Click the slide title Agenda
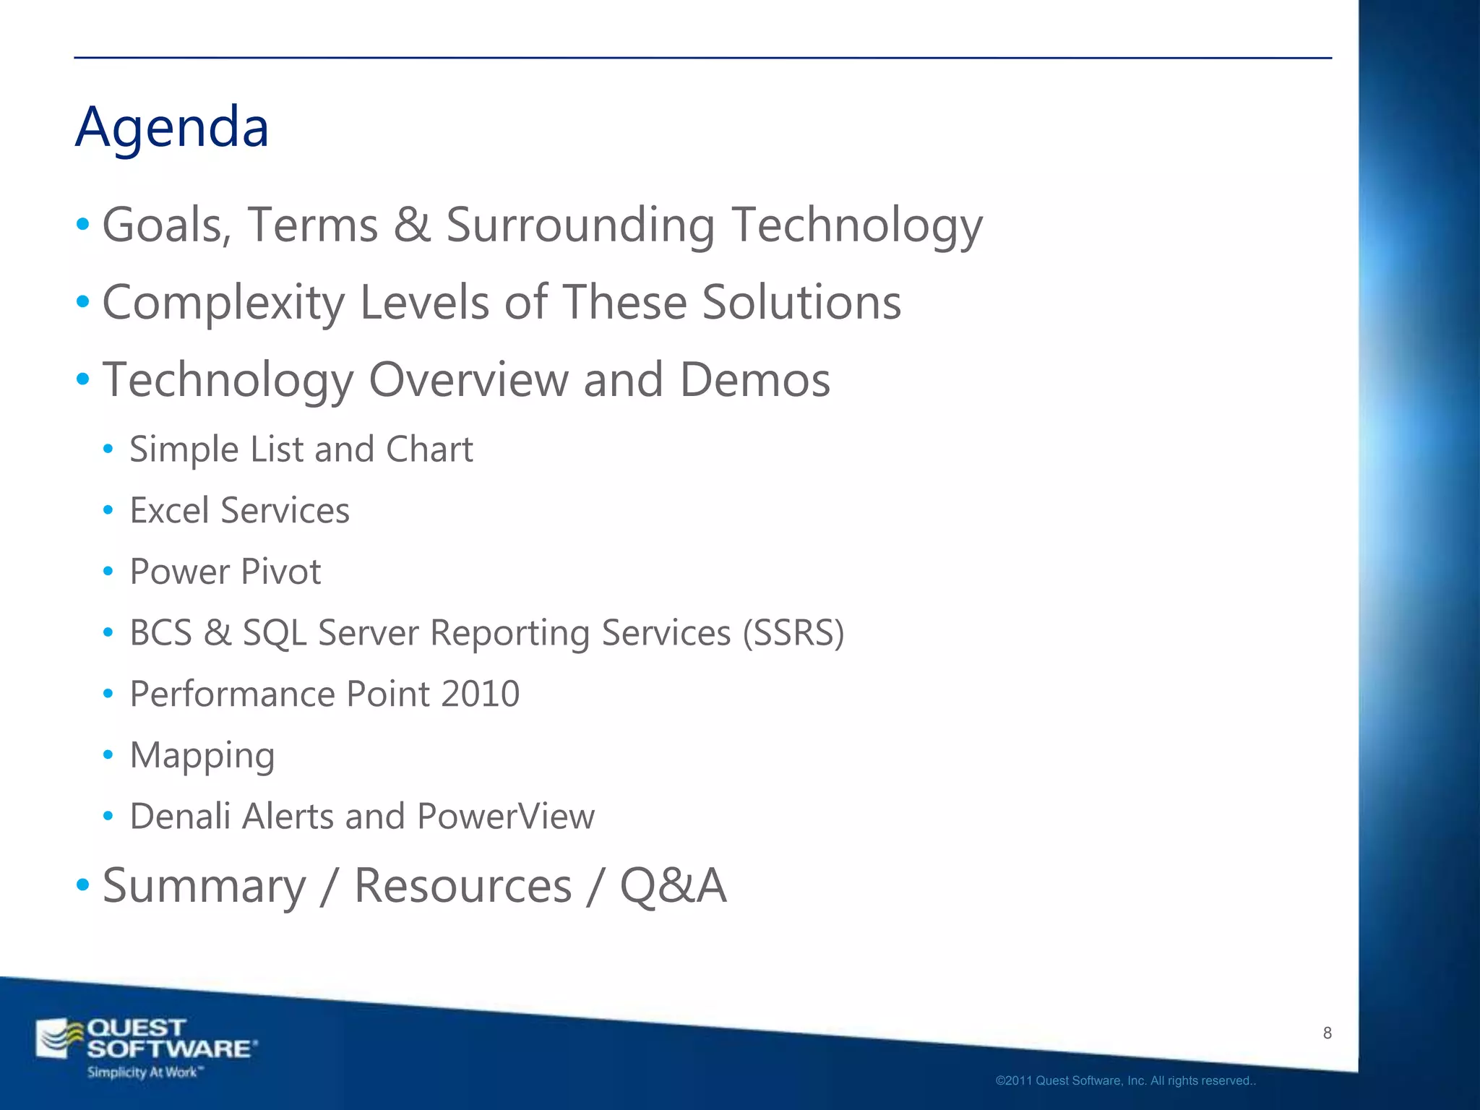click(172, 127)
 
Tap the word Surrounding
click(580, 225)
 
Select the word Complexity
click(223, 303)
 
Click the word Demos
click(754, 380)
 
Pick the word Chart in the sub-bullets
click(429, 449)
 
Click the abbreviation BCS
click(160, 633)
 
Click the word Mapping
click(202, 757)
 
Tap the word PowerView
click(506, 817)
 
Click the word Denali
click(180, 817)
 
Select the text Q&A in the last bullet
click(672, 886)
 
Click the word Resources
click(462, 886)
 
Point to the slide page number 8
click(1327, 1033)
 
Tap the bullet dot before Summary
click(83, 885)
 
